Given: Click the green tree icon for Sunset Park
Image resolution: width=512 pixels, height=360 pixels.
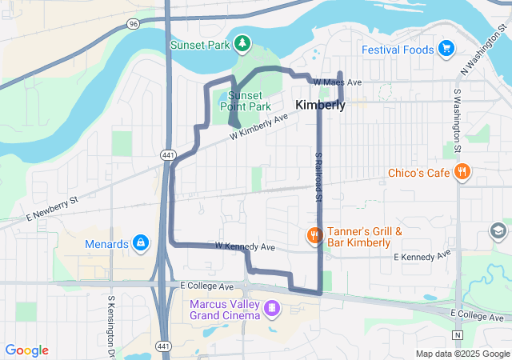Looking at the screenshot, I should pos(241,43).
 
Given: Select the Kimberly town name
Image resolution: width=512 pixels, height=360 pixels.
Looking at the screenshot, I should pos(321,105).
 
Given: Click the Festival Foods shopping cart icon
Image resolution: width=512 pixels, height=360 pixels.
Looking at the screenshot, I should pos(446,50).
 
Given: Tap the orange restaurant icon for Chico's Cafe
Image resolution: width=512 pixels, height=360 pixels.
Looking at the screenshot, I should pos(462,172).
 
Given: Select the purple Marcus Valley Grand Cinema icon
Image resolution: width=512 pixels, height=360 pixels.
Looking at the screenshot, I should pos(272,307).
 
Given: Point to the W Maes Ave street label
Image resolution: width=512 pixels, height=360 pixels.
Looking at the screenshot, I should pos(338,82).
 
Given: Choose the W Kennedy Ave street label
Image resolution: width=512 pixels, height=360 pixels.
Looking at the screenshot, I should pos(245,246).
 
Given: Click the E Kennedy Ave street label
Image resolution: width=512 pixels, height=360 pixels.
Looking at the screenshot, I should pos(422,256).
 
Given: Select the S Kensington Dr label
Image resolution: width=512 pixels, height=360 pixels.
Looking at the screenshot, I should pos(110,326).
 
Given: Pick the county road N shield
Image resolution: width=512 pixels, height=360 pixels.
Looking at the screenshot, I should pos(458,334).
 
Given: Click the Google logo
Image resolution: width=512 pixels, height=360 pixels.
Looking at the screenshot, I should pos(26,350).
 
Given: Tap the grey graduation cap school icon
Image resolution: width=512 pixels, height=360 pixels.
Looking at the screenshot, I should pos(498,232).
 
